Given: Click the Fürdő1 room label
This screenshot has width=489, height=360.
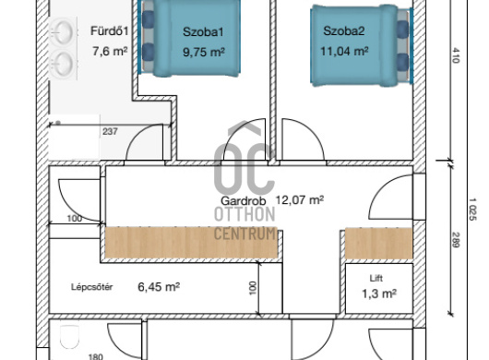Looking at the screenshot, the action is click(x=110, y=30).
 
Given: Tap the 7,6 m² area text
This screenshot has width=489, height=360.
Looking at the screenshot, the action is click(x=110, y=51).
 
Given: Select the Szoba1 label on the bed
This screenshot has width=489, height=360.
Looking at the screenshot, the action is click(x=203, y=31).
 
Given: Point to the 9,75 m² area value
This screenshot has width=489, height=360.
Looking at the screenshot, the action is click(x=204, y=52).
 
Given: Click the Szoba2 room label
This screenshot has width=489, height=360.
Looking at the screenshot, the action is click(x=344, y=30).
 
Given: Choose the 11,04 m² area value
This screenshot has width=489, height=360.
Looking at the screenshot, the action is click(x=344, y=51).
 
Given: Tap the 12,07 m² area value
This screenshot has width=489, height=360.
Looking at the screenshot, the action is click(x=300, y=199).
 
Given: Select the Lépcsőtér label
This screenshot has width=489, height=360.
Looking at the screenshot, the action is click(x=91, y=287).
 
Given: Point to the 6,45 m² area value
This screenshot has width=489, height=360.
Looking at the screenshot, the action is click(x=159, y=287).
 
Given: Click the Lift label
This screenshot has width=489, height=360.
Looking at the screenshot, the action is click(x=376, y=278).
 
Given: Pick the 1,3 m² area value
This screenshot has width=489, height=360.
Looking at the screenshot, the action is click(x=379, y=294).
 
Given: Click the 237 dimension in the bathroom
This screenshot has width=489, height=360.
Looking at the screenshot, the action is click(x=110, y=132).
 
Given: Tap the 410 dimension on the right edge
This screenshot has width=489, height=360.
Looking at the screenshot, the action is click(x=456, y=55).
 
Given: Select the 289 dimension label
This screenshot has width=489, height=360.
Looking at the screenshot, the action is click(x=456, y=240).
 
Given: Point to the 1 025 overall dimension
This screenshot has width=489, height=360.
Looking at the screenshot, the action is click(x=472, y=210).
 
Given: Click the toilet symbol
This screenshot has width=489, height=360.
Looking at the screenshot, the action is click(x=69, y=337).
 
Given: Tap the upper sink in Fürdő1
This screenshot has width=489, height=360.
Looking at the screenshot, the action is click(x=63, y=32).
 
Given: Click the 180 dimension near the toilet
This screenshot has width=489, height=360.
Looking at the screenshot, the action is click(x=96, y=356).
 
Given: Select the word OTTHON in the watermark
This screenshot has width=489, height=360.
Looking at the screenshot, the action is click(x=244, y=214).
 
